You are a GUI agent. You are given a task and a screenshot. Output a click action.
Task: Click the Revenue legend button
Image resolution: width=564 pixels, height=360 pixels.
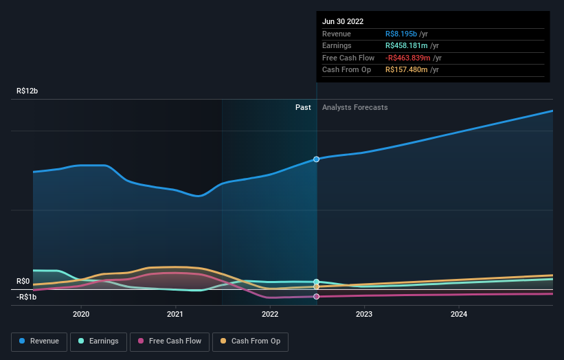(40, 341)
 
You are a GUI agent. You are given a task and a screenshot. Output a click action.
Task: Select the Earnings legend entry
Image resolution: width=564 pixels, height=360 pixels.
(99, 341)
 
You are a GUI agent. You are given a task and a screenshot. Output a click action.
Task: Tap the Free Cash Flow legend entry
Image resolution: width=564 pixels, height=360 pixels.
(170, 341)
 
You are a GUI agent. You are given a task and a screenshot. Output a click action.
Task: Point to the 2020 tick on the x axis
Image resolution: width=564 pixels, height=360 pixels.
(81, 314)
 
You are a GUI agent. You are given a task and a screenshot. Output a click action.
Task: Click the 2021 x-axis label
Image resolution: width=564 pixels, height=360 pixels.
(175, 314)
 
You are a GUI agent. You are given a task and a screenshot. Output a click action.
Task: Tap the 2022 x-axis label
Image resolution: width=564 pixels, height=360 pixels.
(270, 314)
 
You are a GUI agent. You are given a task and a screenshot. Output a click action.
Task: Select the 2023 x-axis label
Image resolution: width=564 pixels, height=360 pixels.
(364, 314)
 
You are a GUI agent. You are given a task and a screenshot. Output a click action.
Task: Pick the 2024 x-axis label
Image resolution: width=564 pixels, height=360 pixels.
(459, 314)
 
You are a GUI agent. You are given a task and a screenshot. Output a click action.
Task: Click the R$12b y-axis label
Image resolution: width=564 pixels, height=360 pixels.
(28, 91)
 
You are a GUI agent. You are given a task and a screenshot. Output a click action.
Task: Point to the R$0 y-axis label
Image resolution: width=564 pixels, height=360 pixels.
(23, 281)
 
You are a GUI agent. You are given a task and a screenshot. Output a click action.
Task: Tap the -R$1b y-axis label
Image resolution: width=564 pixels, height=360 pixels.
(27, 297)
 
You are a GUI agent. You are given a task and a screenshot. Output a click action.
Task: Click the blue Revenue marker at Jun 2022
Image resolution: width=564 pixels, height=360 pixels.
(317, 159)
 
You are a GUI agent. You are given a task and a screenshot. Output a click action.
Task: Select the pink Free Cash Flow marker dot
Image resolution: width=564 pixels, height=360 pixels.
(317, 297)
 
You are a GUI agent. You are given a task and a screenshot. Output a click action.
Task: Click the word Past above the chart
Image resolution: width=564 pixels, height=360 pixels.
(303, 107)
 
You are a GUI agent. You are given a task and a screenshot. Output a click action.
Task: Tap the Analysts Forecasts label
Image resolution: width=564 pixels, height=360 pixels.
(354, 107)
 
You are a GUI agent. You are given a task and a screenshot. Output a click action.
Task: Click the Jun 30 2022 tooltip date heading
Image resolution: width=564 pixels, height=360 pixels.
(343, 21)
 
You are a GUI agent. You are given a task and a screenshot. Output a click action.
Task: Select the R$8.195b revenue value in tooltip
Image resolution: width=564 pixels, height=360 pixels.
(407, 34)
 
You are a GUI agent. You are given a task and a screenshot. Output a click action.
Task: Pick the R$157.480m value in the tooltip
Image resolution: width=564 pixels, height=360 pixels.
(411, 70)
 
